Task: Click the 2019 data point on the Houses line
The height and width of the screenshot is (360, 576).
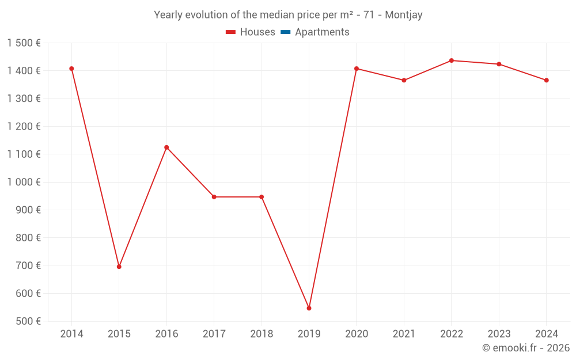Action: click(x=309, y=308)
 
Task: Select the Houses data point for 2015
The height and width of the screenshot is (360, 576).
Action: click(x=119, y=267)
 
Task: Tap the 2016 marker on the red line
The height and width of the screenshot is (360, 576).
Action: click(x=166, y=147)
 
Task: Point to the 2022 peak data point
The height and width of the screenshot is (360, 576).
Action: click(x=452, y=60)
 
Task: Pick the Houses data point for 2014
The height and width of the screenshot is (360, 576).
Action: click(x=71, y=69)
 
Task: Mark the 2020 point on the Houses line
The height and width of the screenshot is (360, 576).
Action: click(x=357, y=69)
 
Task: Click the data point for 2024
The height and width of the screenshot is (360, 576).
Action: click(x=546, y=80)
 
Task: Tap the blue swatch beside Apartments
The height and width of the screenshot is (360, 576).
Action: click(x=285, y=32)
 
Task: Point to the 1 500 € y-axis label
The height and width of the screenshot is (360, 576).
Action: click(x=24, y=43)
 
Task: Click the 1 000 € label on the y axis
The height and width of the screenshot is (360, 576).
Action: click(x=24, y=182)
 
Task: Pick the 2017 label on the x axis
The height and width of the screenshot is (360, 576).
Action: click(x=214, y=334)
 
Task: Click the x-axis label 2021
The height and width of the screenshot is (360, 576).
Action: click(x=404, y=334)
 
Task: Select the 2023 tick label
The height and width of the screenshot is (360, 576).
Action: click(x=499, y=334)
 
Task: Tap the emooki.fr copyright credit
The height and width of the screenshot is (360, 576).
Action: click(x=526, y=348)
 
